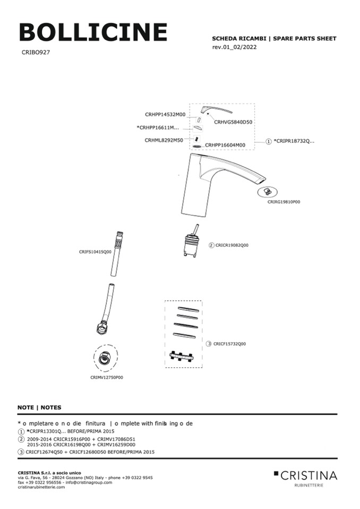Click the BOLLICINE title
tap(93, 33)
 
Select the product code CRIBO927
tap(36, 53)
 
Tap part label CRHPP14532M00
tap(165, 114)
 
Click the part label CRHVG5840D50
tap(233, 122)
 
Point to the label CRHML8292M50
tap(164, 141)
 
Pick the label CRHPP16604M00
tap(225, 145)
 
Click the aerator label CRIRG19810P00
tap(284, 202)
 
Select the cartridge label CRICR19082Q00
tap(232, 245)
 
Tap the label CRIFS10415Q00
tap(96, 252)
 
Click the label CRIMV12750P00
tap(106, 377)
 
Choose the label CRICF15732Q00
tap(230, 344)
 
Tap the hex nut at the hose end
tap(101, 325)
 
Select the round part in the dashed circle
tap(105, 359)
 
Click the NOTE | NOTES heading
tap(39, 408)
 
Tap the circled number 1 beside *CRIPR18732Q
tap(269, 142)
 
